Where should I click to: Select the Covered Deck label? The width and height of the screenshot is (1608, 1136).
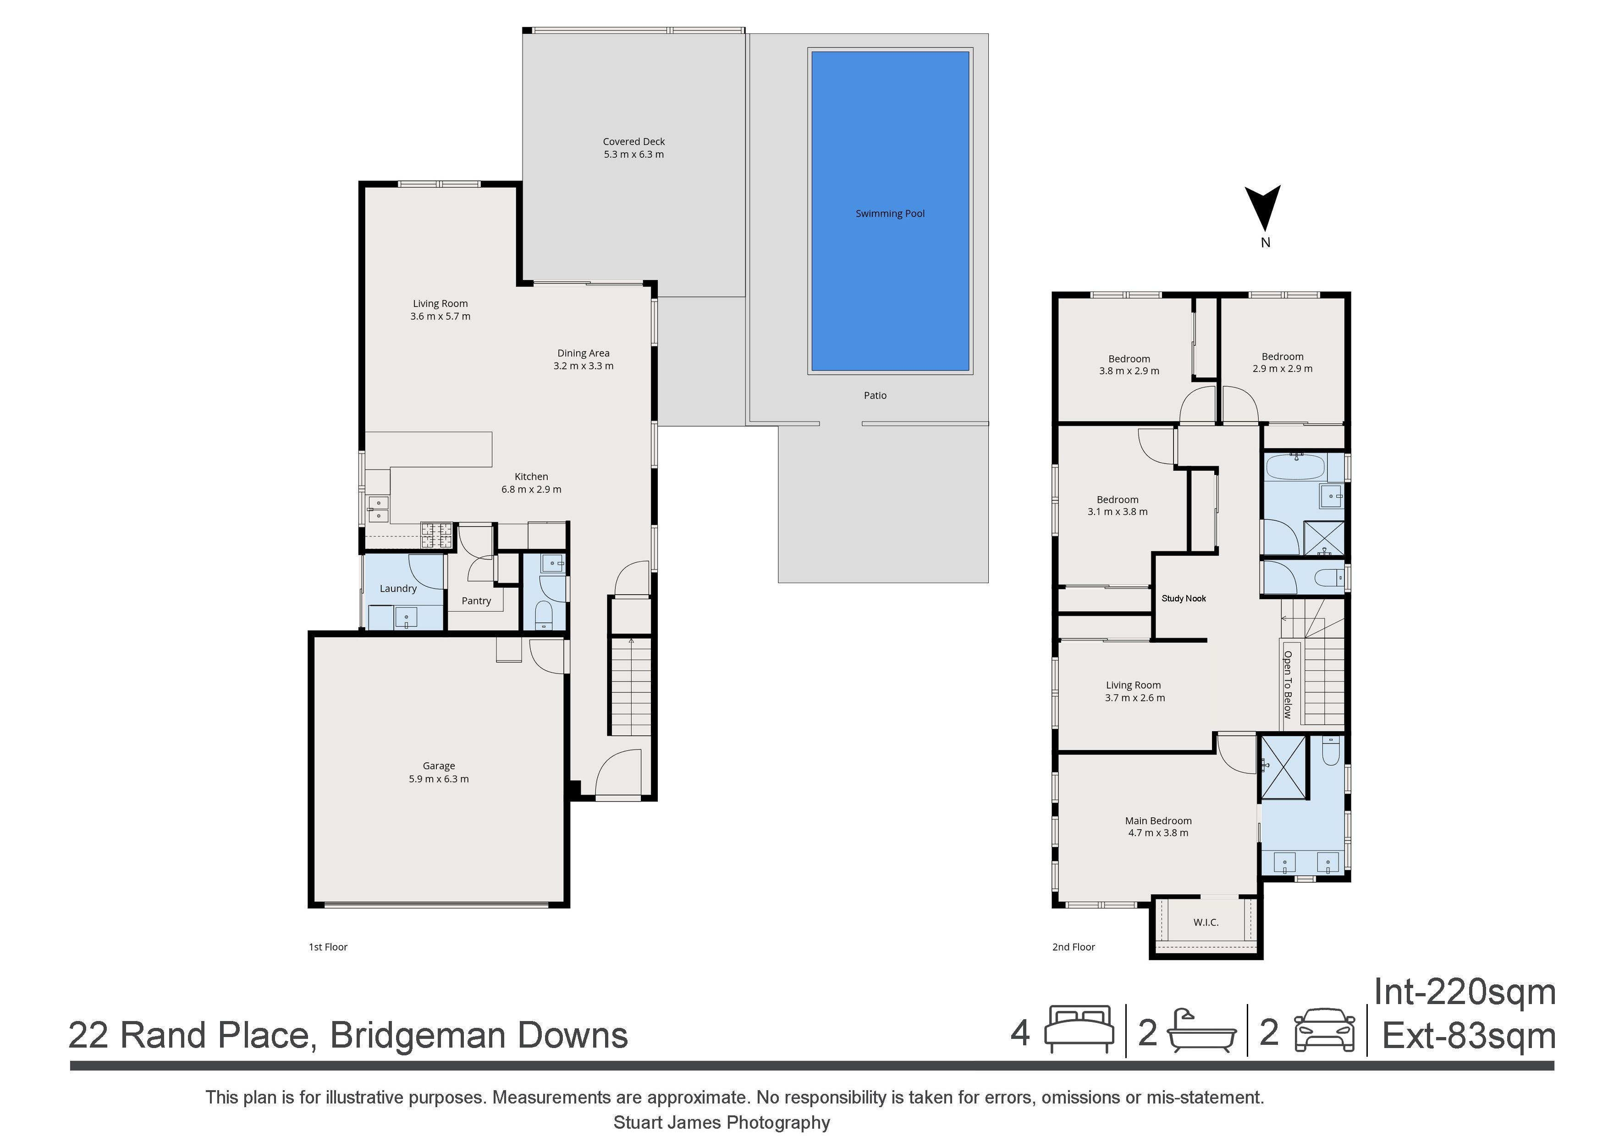[634, 142]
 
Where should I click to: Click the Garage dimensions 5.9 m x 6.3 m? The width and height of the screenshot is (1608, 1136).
[439, 779]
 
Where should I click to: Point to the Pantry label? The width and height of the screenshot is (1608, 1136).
[476, 601]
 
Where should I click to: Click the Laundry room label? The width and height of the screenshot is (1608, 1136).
[398, 589]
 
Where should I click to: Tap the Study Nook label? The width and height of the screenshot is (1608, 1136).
[1184, 598]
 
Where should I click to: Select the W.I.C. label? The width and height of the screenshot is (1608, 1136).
[1206, 923]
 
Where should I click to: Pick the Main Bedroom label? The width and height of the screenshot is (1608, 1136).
[1158, 821]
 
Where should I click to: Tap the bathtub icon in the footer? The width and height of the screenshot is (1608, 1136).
[1202, 1030]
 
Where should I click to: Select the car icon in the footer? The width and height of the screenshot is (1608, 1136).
[1324, 1030]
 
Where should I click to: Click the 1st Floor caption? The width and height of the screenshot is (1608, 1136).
[328, 947]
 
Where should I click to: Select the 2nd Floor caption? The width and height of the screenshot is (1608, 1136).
[1074, 947]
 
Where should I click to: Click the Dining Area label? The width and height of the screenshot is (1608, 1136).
[584, 354]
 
